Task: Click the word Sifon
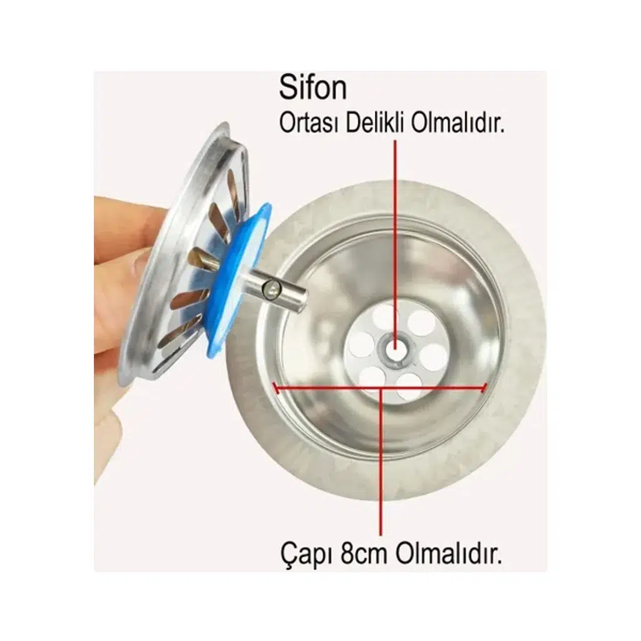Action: click(313, 88)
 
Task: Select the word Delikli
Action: click(376, 123)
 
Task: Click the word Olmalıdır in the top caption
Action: click(458, 123)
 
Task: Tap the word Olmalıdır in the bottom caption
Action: click(448, 553)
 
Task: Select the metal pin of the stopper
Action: click(277, 289)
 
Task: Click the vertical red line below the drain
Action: click(381, 461)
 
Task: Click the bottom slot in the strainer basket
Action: click(175, 336)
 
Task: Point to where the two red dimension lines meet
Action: click(381, 388)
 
